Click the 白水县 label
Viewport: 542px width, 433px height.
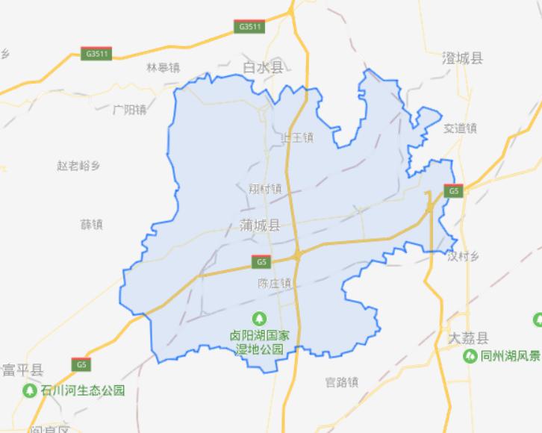[x=264, y=68]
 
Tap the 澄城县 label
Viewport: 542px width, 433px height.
[x=462, y=57]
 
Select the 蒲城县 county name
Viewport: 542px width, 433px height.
[x=261, y=225]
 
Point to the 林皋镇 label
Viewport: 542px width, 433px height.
[x=163, y=67]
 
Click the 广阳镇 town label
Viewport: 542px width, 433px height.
[x=130, y=110]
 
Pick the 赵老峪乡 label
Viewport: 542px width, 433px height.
[x=78, y=165]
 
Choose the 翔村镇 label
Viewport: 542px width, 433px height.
[x=265, y=188]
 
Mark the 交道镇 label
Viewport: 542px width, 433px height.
[x=460, y=128]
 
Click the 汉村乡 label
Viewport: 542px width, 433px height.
[x=464, y=256]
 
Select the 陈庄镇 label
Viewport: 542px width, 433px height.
[x=273, y=284]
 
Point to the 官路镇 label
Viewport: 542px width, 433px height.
[x=342, y=382]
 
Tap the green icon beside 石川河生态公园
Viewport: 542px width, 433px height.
[x=30, y=390]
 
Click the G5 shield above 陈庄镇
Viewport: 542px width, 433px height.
[x=260, y=262]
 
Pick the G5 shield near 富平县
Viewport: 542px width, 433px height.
[x=81, y=364]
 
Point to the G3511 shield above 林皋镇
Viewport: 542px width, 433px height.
[x=98, y=54]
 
